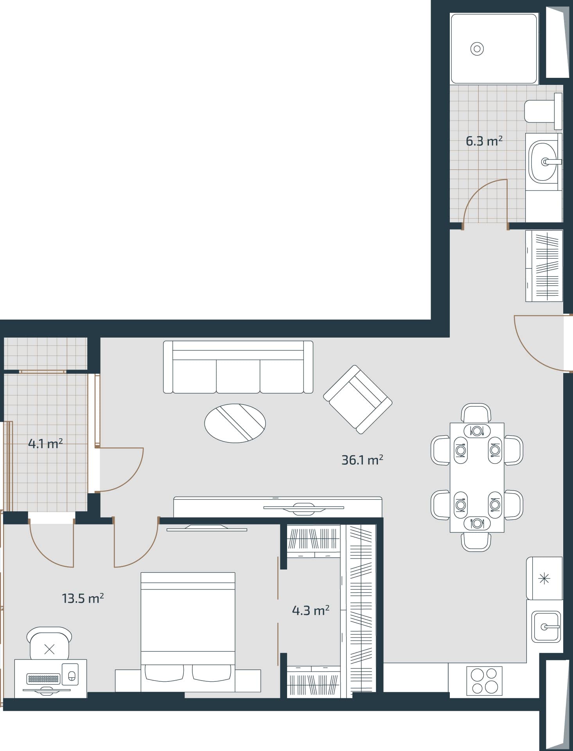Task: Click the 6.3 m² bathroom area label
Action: point(484,141)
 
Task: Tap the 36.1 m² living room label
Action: point(362,460)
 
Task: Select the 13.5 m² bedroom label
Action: point(83,598)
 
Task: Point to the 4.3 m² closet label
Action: point(311,610)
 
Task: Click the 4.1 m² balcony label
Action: point(45,444)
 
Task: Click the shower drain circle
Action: point(477,49)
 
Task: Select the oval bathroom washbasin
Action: point(542,161)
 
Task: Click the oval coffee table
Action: point(235,423)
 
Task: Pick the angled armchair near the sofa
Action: point(357,399)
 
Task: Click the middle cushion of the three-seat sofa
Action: point(238,376)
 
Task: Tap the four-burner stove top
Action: point(484,681)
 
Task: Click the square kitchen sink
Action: point(546,627)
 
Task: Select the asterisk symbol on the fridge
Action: point(544,578)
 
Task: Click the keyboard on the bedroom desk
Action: point(43,679)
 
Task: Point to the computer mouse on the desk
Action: point(72,676)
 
